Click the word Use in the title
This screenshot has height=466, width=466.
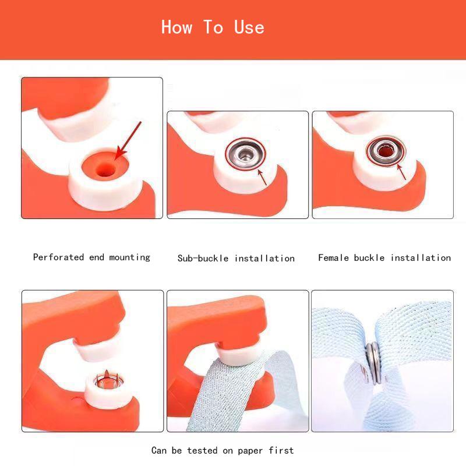pyautogui.click(x=249, y=27)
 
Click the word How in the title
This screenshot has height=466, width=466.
pyautogui.click(x=176, y=27)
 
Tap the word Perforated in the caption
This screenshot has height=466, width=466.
pyautogui.click(x=58, y=257)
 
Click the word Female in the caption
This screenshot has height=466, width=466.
pyautogui.click(x=333, y=257)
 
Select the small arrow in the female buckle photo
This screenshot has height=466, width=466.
pyautogui.click(x=401, y=171)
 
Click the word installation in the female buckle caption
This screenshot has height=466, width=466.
pyautogui.click(x=421, y=257)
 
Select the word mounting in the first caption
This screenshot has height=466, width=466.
pyautogui.click(x=130, y=257)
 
